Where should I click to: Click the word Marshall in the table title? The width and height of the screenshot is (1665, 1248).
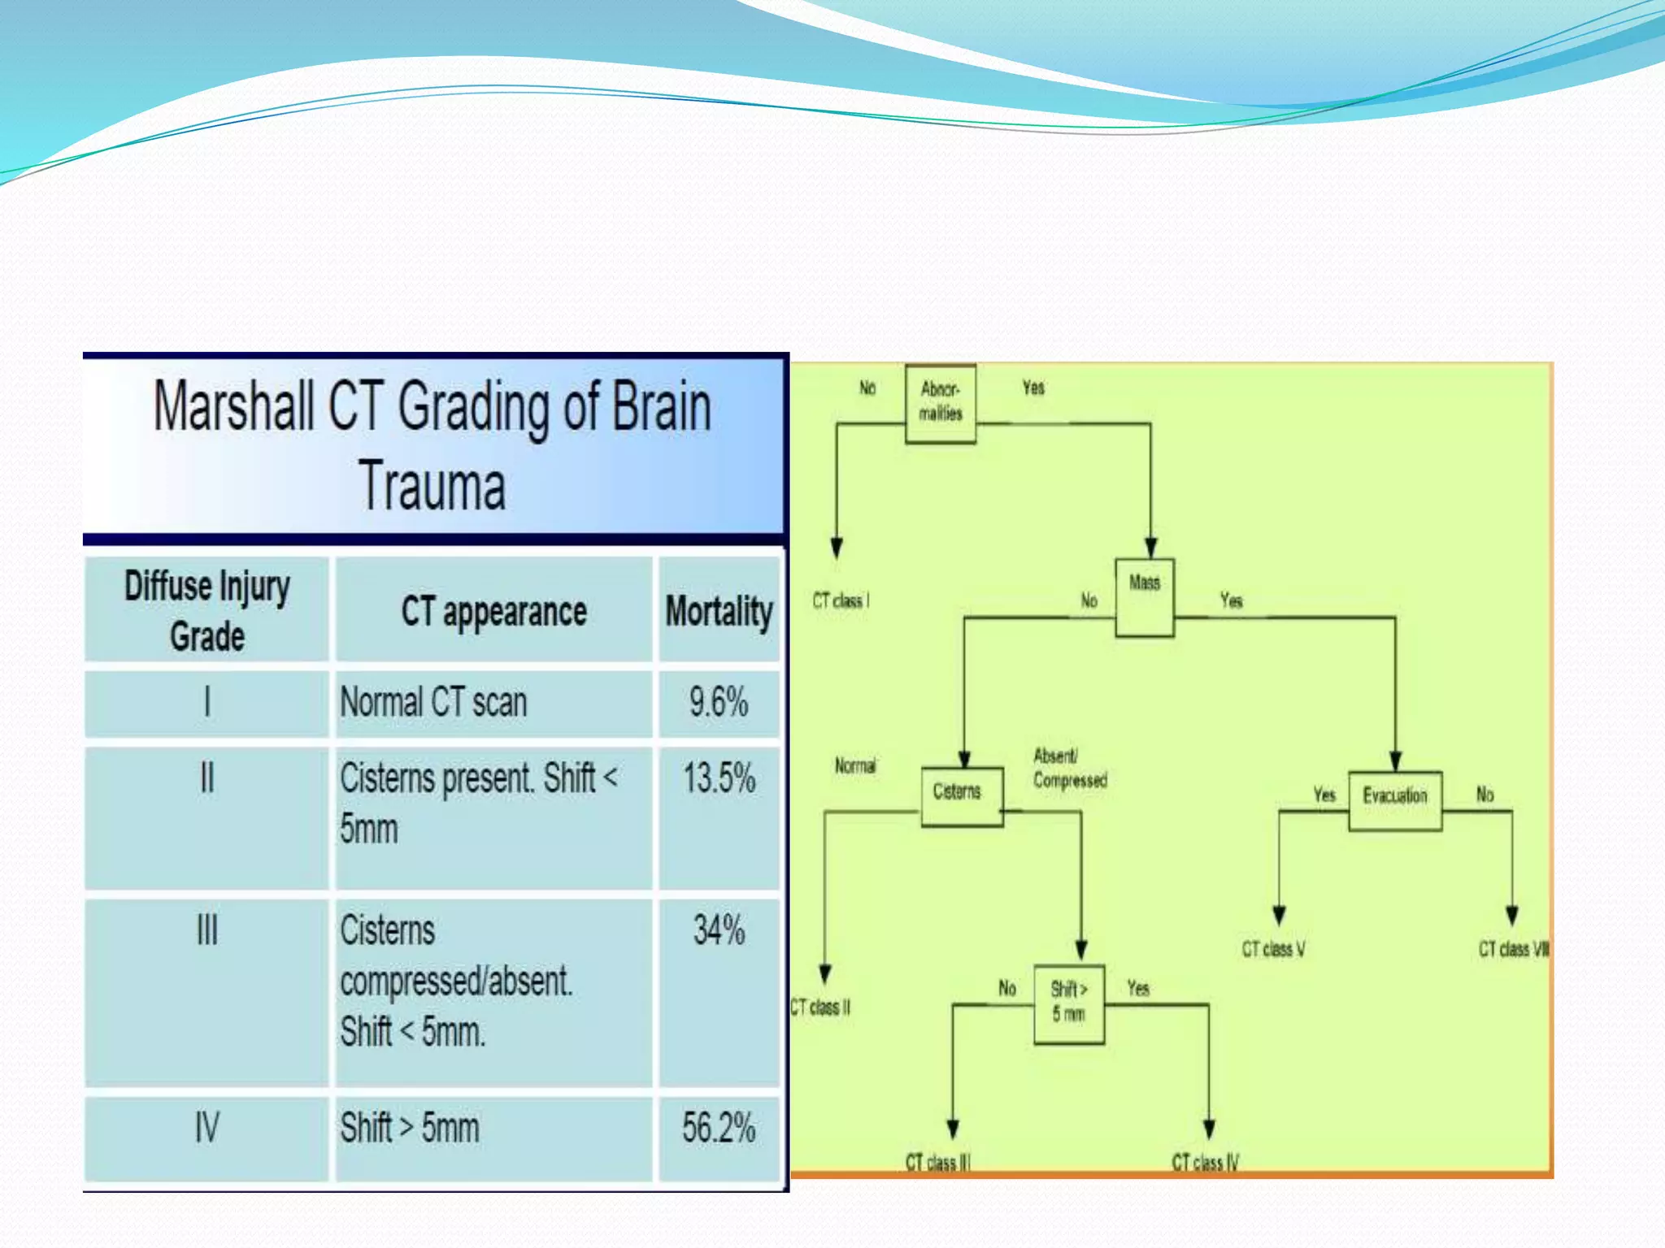pos(233,407)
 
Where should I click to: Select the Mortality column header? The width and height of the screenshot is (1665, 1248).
pos(719,611)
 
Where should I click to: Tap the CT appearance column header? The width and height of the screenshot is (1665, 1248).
pos(493,611)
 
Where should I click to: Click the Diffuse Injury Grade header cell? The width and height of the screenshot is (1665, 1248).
pos(207,611)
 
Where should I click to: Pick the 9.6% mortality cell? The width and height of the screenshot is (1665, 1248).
pos(719,702)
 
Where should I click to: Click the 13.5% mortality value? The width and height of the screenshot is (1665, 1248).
pos(719,778)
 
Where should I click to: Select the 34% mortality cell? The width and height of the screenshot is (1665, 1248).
pos(719,930)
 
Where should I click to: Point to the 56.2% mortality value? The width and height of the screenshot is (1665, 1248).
pos(719,1128)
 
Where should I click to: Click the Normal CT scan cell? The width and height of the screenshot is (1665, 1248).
pos(433,702)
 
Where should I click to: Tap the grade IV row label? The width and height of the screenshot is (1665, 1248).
pos(207,1128)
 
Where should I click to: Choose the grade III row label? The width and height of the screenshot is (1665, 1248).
pos(207,930)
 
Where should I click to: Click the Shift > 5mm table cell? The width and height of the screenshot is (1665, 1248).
pos(410,1128)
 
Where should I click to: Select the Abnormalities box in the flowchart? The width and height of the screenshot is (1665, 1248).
pos(941,402)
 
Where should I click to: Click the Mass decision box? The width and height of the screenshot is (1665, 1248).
pos(1144,597)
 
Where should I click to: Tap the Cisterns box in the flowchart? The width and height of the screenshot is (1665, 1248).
pos(961,796)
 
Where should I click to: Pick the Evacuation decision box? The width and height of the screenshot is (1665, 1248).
pos(1395,799)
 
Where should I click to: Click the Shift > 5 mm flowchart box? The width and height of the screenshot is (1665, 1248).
pos(1068,1003)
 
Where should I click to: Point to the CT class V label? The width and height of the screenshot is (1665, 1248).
pos(1273,949)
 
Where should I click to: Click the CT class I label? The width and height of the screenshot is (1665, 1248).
pos(841,600)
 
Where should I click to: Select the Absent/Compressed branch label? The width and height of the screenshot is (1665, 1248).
pos(1069,768)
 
